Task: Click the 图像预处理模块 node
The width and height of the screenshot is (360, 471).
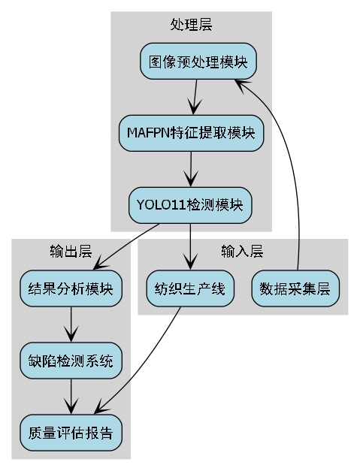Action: (x=198, y=62)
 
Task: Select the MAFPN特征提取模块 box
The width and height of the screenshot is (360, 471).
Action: (x=191, y=134)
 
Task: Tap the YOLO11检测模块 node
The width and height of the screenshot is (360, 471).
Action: (x=190, y=205)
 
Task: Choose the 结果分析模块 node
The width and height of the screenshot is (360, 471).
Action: (x=71, y=289)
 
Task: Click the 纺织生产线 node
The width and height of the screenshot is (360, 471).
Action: (x=190, y=289)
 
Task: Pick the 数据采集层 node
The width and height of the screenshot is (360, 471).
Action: (x=295, y=289)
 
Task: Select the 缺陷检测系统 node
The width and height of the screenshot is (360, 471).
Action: (x=71, y=361)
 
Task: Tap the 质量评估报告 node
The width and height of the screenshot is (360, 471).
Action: (x=71, y=433)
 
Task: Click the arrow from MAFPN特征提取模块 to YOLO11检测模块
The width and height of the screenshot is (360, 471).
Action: (x=191, y=169)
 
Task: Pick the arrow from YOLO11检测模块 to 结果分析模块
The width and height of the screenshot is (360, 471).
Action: (x=126, y=245)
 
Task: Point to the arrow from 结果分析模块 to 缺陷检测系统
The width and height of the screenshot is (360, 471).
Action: (x=71, y=325)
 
